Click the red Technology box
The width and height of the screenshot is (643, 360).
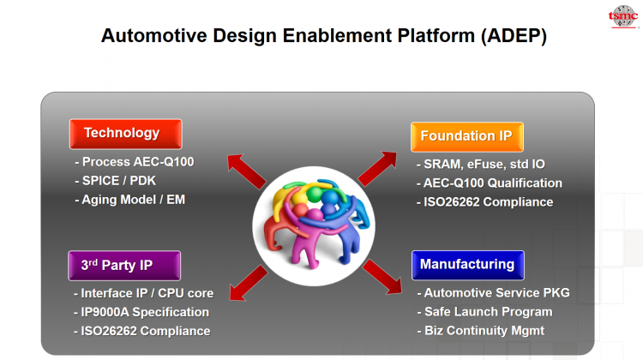click(125, 134)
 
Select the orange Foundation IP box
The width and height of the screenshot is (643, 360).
click(466, 136)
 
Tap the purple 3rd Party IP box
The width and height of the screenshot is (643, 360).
click(124, 265)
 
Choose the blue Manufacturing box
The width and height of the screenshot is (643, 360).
click(466, 265)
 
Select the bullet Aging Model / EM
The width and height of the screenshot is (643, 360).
click(134, 200)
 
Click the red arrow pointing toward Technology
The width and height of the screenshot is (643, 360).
click(245, 171)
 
